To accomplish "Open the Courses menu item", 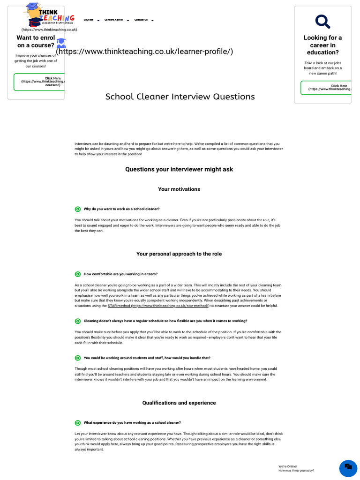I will coord(89,20).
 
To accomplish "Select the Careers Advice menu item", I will coord(114,20).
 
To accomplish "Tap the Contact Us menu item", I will coord(141,20).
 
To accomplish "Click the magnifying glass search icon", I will coord(322,21).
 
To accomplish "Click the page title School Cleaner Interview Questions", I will coord(180,97).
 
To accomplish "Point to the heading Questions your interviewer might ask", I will coord(179,169).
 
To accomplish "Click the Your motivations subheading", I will coord(179,189).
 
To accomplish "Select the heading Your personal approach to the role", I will coord(179,254).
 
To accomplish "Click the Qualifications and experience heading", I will coord(179,403).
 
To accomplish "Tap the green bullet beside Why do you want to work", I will coord(78,209).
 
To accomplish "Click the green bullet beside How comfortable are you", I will coord(78,274).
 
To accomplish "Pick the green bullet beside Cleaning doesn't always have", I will coord(78,321).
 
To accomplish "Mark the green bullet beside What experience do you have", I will coord(78,423).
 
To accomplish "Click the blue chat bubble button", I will coord(348,468).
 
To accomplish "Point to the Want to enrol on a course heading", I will coord(36,42).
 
